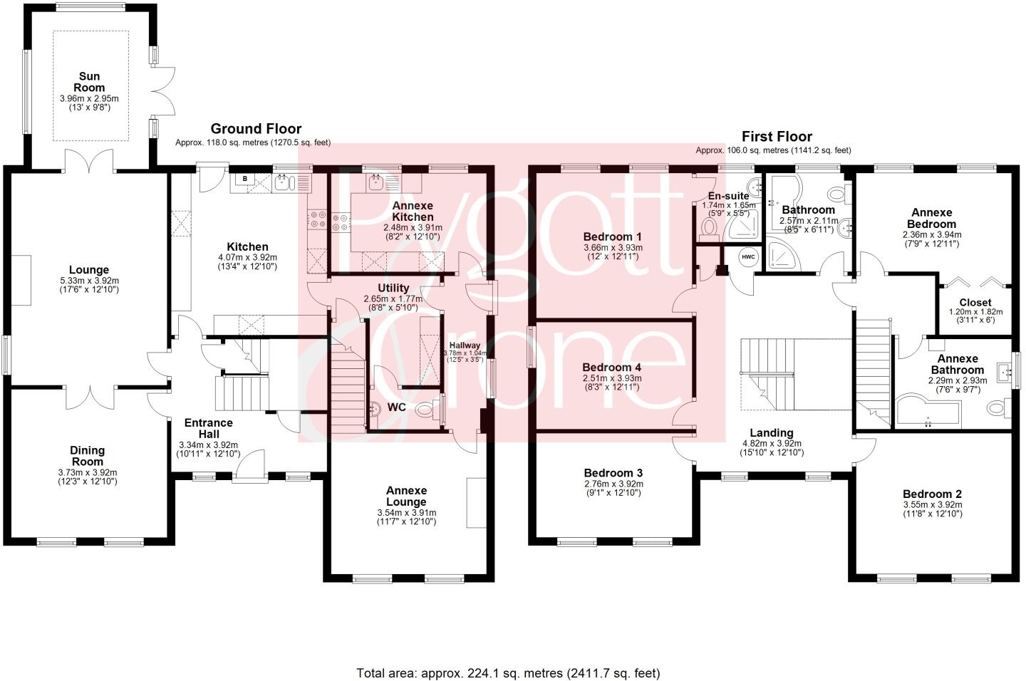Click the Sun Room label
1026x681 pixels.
coord(89,82)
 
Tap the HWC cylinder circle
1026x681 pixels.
coord(747,257)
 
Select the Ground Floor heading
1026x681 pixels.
coord(256,129)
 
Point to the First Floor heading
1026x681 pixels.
coord(777,137)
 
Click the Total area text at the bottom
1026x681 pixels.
coord(508,672)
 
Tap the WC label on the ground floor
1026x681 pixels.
coord(398,408)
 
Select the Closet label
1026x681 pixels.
coord(975,302)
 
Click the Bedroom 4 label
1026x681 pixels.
coord(612,367)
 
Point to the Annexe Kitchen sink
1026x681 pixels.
coord(376,183)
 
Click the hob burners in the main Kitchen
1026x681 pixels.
coord(317,220)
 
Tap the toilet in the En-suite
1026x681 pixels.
coord(708,227)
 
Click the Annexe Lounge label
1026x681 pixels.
coord(406,496)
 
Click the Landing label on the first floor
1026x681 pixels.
coord(772,432)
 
